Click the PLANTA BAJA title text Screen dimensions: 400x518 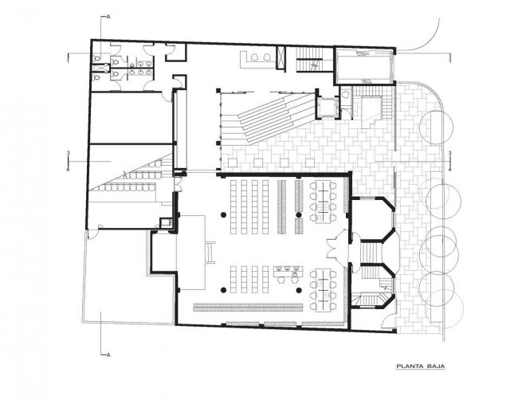tap(421, 367)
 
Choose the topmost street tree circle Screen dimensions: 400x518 tap(434, 126)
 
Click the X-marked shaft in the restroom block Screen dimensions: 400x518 tap(100, 69)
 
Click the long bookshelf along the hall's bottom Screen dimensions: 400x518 tap(249, 308)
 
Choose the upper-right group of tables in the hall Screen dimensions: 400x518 tap(324, 201)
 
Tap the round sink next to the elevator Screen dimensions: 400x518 tap(344, 94)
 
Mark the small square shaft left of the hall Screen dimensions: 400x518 tap(166, 222)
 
